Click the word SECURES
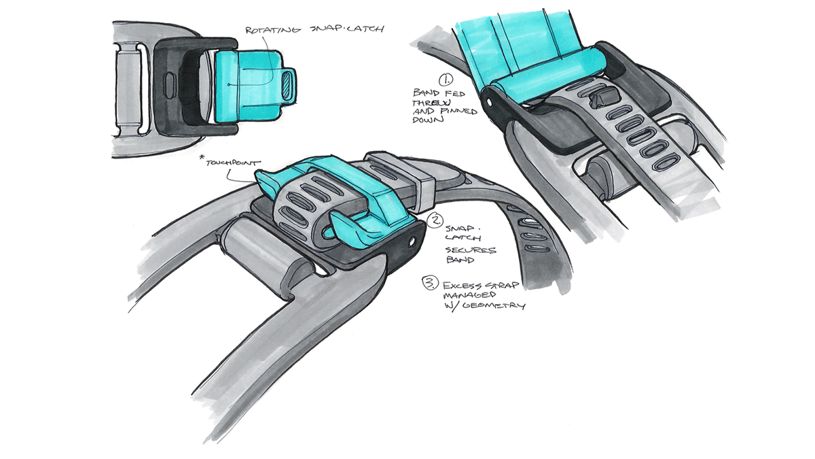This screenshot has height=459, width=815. click(477, 250)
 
